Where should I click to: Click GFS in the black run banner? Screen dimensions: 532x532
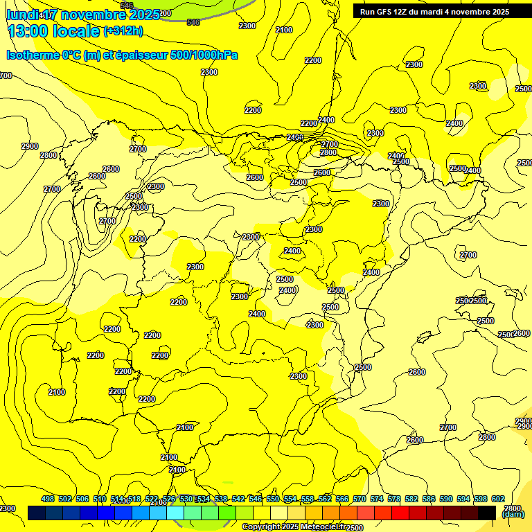click(x=384, y=11)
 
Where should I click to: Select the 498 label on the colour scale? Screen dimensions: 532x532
click(x=48, y=499)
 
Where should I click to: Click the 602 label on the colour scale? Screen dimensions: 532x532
click(x=498, y=499)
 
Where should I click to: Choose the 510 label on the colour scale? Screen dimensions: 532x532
click(x=100, y=499)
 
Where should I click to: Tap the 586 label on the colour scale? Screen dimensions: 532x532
click(x=429, y=499)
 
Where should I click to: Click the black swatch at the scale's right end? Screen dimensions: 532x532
click(x=487, y=513)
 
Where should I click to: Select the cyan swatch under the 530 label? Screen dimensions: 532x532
click(x=175, y=513)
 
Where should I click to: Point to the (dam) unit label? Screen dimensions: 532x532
click(x=513, y=515)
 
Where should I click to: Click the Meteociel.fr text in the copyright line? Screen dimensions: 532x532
click(x=325, y=527)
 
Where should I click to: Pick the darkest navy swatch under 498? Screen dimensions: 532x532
click(x=37, y=513)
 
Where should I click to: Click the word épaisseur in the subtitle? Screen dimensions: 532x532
click(x=132, y=55)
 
